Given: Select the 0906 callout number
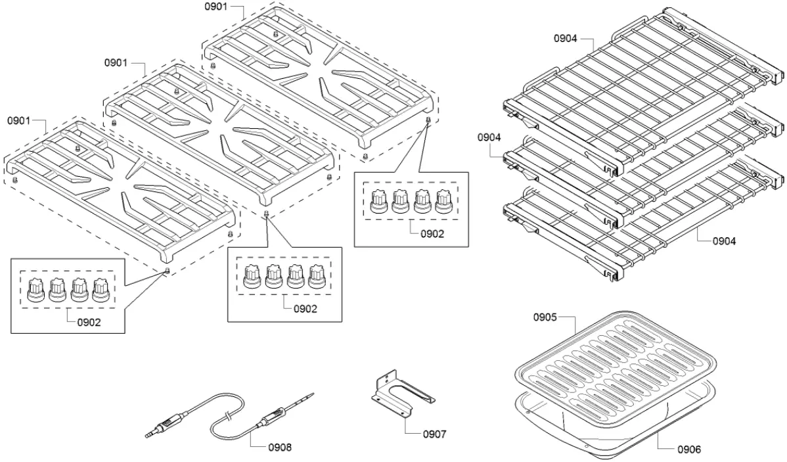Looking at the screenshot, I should [x=688, y=450].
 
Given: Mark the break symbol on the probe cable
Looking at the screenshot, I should [x=227, y=415].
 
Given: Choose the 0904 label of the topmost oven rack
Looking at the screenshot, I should [x=566, y=39].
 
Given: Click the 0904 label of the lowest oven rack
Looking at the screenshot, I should [x=724, y=241].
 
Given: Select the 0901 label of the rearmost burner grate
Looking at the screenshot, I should [x=215, y=7].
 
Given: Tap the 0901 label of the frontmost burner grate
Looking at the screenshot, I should [x=19, y=121].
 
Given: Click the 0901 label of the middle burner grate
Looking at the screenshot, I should [x=116, y=63].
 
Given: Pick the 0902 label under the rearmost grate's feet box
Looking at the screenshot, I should [x=432, y=233].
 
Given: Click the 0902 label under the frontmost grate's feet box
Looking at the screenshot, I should [x=89, y=322].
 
